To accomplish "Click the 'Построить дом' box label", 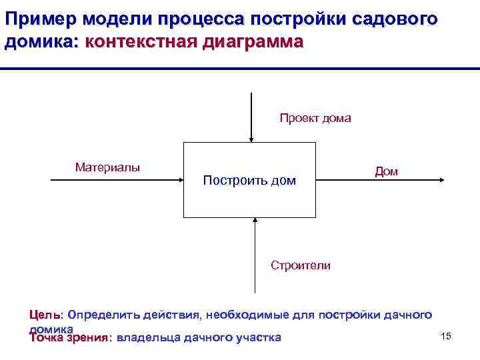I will tap(249, 181).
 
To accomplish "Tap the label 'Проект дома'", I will tap(315, 119).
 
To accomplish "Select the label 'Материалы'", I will tap(107, 167).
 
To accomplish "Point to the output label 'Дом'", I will tap(386, 171).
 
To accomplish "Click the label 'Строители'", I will tap(300, 265).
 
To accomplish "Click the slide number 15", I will tap(446, 335).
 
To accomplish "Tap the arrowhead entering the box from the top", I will tap(251, 139).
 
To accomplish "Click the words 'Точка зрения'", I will tap(69, 337).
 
